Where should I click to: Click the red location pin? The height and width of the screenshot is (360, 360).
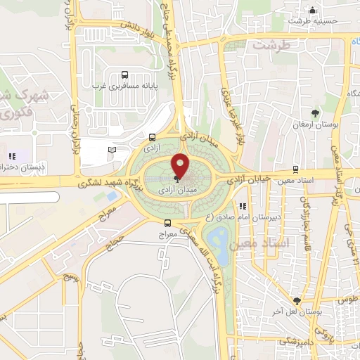(181, 166)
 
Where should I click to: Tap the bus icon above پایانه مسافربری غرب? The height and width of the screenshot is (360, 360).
(124, 75)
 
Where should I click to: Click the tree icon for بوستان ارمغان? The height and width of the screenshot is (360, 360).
(315, 112)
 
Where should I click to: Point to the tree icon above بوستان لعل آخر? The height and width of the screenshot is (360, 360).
(297, 300)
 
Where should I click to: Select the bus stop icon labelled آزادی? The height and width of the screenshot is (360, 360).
(153, 137)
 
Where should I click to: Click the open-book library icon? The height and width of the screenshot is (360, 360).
(112, 149)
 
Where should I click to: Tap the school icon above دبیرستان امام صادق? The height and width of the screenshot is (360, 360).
(243, 207)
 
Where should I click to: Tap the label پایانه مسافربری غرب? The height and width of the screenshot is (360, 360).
(125, 86)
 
